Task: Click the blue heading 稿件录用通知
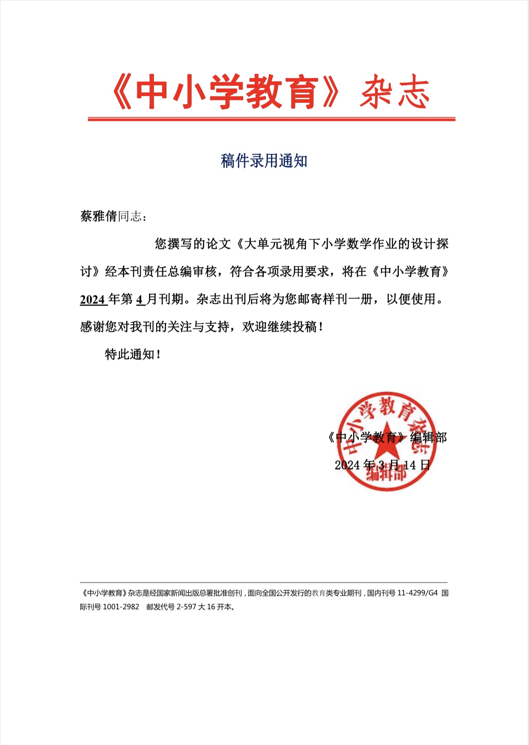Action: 264,160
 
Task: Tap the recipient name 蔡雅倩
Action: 99,216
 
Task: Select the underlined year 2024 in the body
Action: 93,299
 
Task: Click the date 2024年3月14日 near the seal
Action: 382,465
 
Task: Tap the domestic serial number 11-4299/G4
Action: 417,593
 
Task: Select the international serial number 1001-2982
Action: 121,607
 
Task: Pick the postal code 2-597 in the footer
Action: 186,607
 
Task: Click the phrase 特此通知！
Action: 133,354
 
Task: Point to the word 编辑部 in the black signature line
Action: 428,437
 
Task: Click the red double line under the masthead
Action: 271,119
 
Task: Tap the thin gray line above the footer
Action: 264,582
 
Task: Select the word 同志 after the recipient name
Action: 130,216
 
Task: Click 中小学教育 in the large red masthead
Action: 227,93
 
